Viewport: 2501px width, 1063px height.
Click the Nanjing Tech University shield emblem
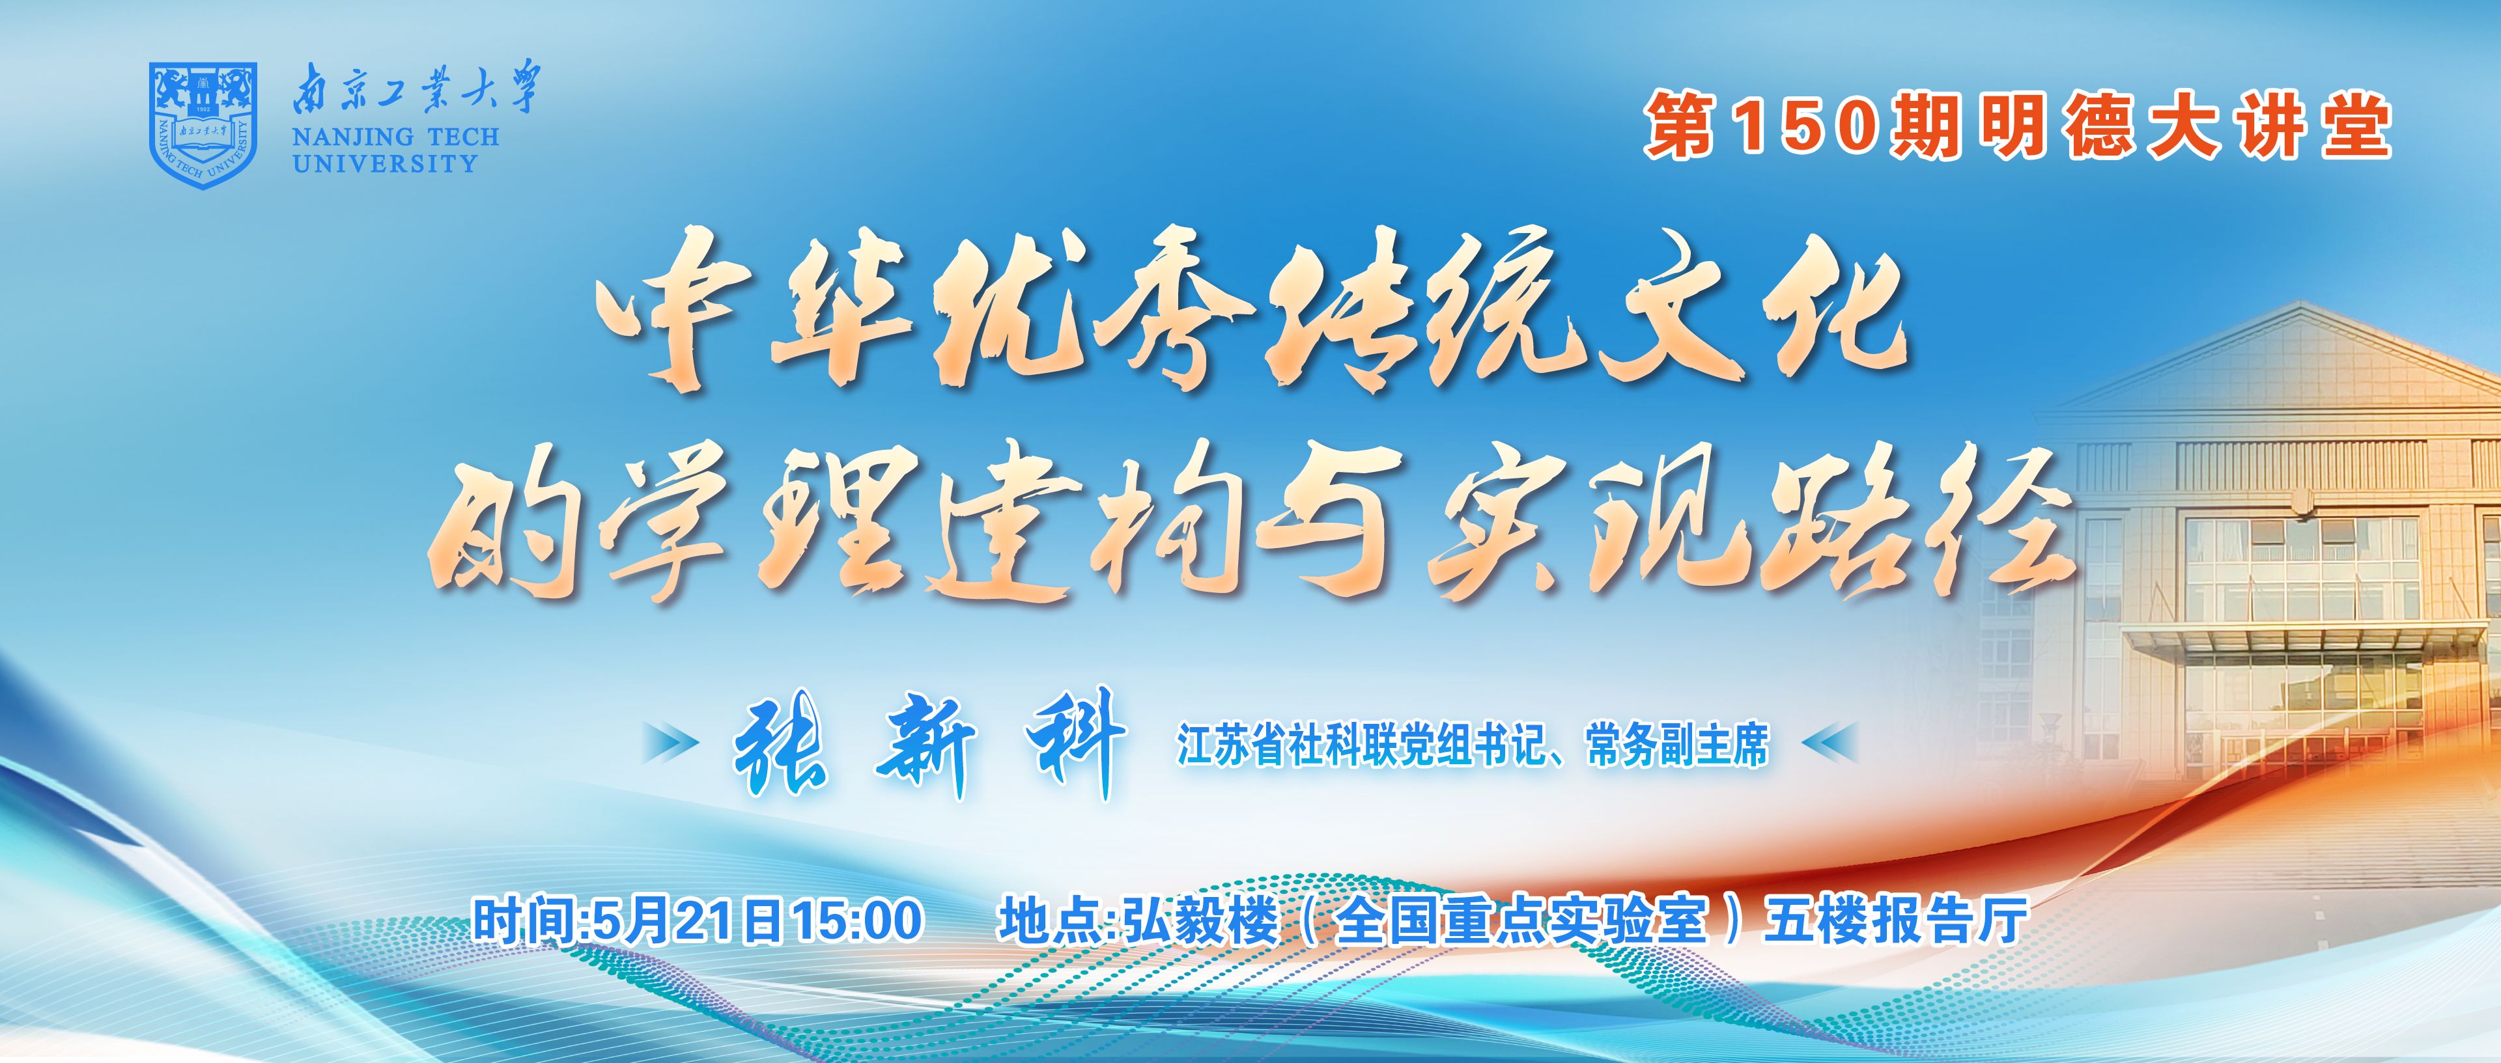click(202, 125)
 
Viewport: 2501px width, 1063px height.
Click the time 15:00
click(857, 920)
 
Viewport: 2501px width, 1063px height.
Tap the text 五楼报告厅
click(1896, 920)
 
